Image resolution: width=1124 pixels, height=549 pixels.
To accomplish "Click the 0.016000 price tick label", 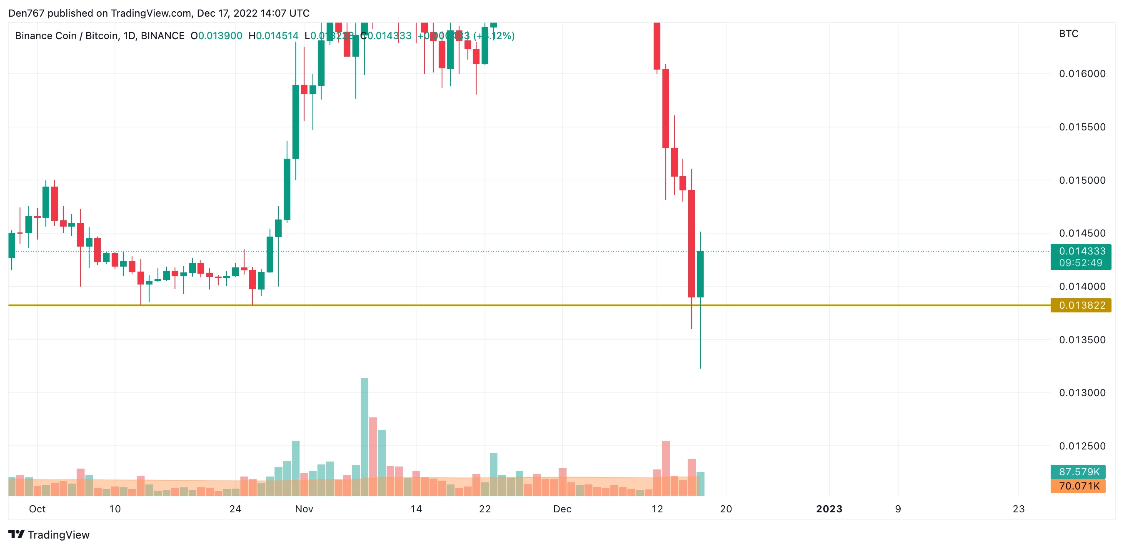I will [x=1082, y=73].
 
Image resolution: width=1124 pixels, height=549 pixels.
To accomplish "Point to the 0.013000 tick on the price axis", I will [x=1082, y=392].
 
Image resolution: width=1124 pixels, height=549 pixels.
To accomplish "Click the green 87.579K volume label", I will [x=1078, y=472].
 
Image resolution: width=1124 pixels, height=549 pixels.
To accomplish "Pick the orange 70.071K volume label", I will [x=1078, y=486].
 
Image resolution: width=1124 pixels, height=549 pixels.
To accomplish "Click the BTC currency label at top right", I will [x=1068, y=34].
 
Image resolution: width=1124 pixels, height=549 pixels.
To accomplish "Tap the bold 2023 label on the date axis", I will [x=829, y=509].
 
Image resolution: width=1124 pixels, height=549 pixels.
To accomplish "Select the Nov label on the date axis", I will [x=304, y=509].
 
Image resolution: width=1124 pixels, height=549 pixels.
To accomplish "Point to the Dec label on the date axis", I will [x=562, y=509].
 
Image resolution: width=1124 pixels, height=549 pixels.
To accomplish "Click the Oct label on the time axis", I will [x=37, y=509].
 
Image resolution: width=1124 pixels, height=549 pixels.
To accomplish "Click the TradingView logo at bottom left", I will [x=49, y=534].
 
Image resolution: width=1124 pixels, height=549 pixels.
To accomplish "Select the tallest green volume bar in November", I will [x=365, y=437].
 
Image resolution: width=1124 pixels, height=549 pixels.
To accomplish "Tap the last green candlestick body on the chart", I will [x=700, y=274].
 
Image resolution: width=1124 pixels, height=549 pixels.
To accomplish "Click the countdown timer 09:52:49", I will [x=1080, y=263].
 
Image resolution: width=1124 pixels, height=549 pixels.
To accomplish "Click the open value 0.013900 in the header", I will [x=220, y=36].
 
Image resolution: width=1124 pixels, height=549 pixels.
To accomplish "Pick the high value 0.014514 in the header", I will [x=277, y=36].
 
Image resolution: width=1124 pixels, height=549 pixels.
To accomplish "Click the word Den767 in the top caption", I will [x=26, y=13].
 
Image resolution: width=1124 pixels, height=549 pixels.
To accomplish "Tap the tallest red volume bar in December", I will [x=665, y=468].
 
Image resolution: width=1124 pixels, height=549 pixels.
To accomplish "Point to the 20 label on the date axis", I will [x=726, y=509].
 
